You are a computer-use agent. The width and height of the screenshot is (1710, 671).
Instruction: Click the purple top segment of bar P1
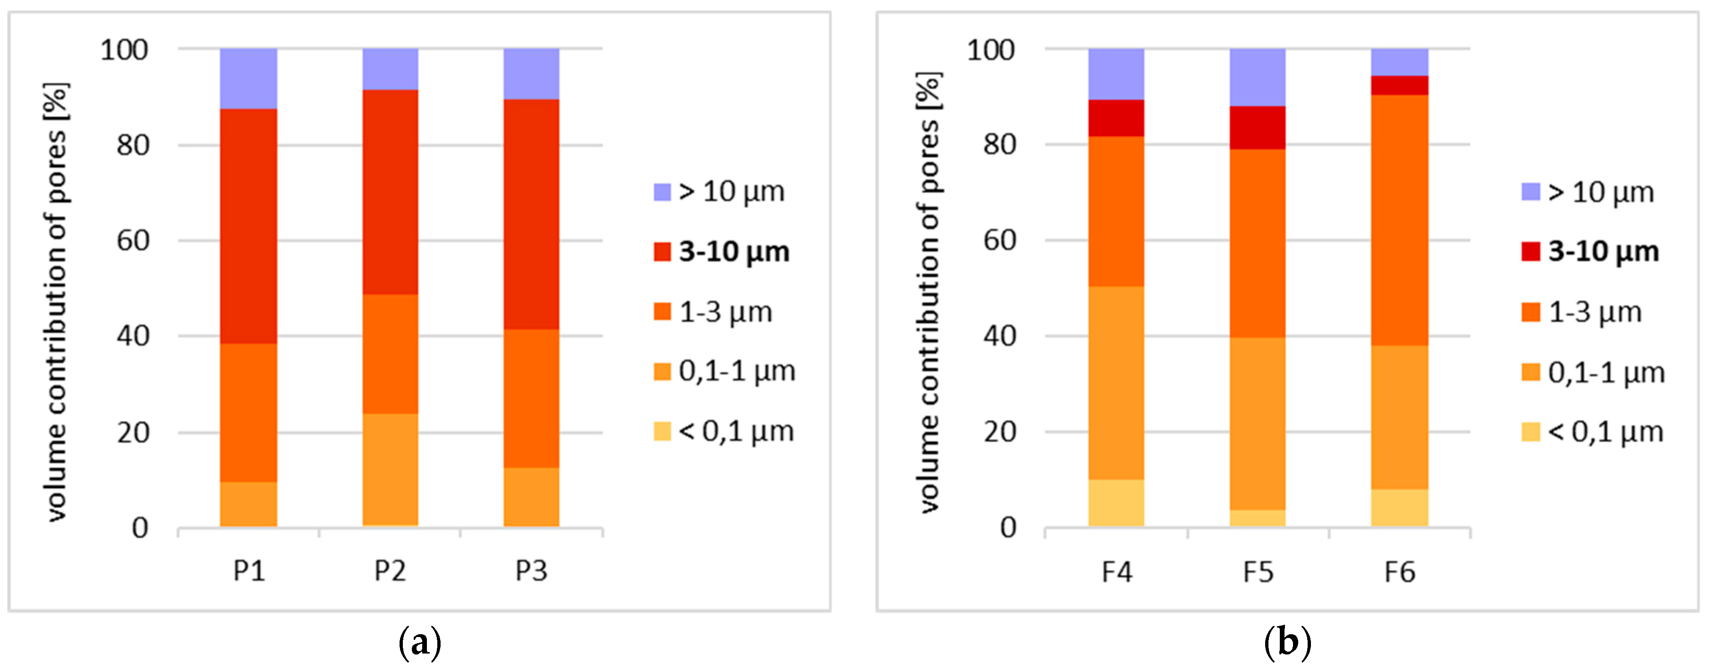pyautogui.click(x=248, y=78)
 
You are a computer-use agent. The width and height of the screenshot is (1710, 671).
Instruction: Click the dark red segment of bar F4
pyautogui.click(x=1116, y=118)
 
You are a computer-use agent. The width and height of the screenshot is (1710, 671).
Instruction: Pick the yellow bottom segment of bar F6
pyautogui.click(x=1399, y=508)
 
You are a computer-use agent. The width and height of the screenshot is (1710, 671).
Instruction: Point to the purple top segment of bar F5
pyautogui.click(x=1257, y=77)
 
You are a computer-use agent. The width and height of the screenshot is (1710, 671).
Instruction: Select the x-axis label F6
pyautogui.click(x=1399, y=572)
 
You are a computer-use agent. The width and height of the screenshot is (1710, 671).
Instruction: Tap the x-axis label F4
pyautogui.click(x=1117, y=572)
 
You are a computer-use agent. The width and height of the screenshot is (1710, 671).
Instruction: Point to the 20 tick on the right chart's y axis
pyautogui.click(x=1000, y=432)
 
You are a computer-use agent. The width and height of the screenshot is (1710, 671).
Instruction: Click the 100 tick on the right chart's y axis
pyautogui.click(x=991, y=50)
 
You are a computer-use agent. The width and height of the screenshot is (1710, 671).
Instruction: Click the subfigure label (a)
pyautogui.click(x=419, y=643)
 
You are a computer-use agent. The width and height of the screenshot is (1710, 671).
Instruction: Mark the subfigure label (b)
pyautogui.click(x=1287, y=643)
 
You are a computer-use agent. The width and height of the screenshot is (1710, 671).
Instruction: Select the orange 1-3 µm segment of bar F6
pyautogui.click(x=1399, y=219)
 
